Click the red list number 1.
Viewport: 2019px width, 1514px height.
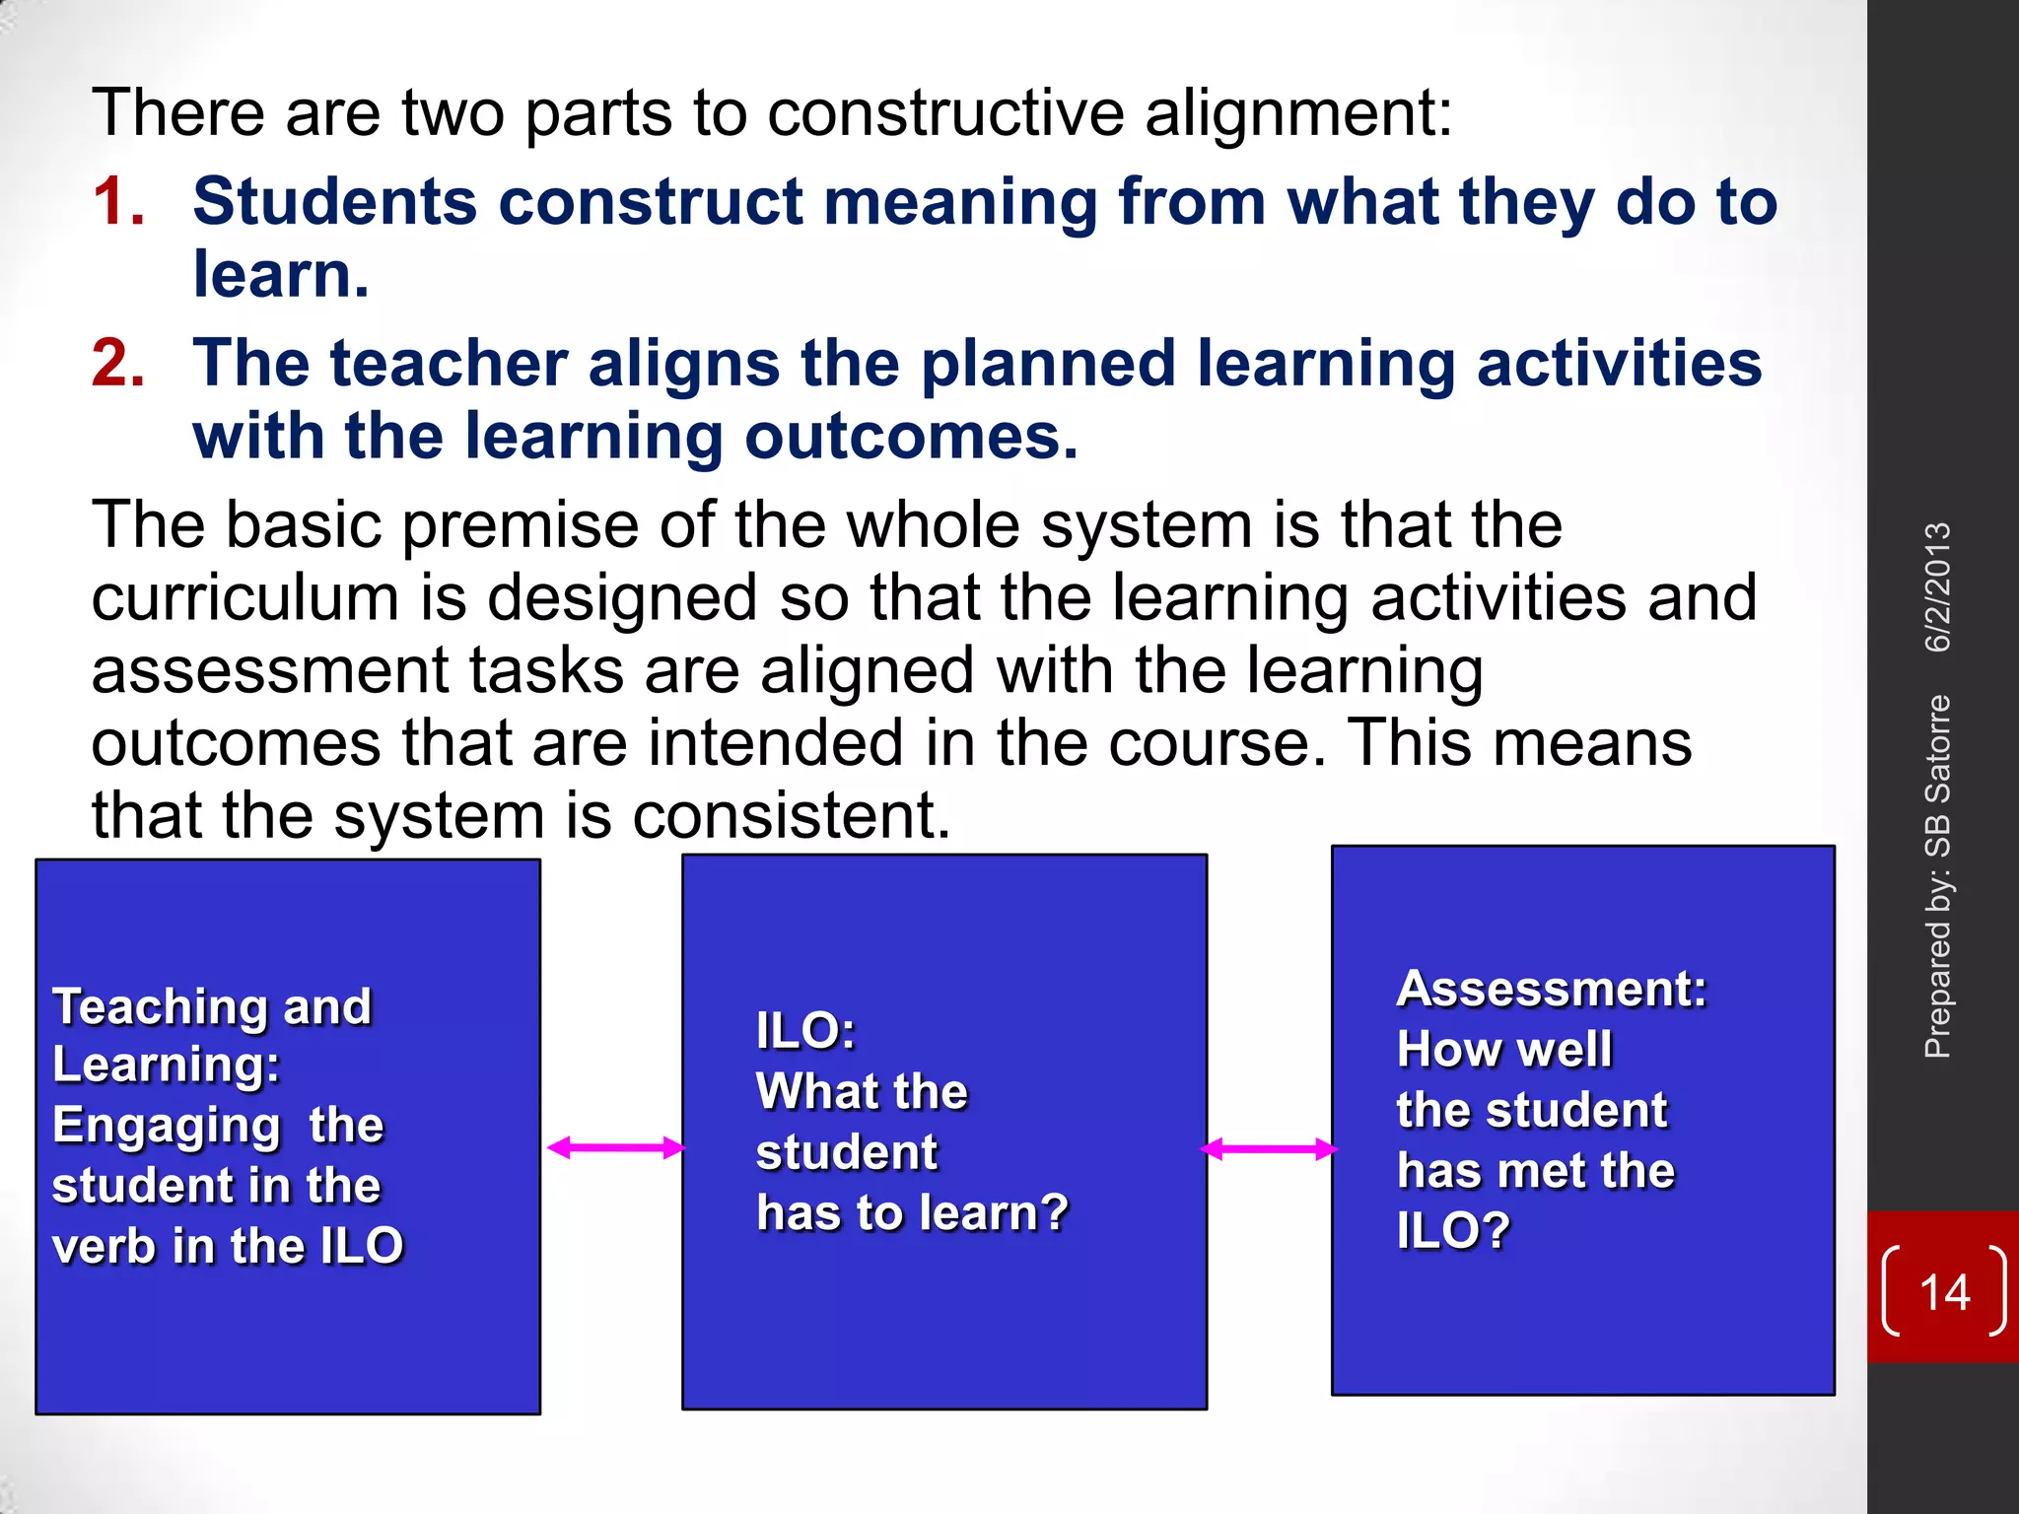tap(118, 202)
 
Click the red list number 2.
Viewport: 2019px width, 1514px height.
tap(118, 364)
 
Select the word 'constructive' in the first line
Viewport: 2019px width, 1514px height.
tap(944, 112)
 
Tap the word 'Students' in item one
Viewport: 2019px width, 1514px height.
tap(335, 202)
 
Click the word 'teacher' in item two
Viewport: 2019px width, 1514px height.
tap(449, 364)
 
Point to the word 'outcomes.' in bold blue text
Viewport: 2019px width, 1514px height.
tap(911, 437)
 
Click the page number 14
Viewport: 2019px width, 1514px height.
tap(1944, 1292)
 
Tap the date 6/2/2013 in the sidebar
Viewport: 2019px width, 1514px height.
tap(1938, 587)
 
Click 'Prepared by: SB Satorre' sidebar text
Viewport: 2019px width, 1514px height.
tap(1938, 877)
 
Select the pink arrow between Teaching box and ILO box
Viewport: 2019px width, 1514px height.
tap(615, 1147)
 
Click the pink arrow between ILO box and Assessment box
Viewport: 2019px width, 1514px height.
tap(1269, 1149)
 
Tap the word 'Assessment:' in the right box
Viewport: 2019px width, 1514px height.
tap(1552, 989)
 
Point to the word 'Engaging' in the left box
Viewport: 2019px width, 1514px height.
tap(166, 1126)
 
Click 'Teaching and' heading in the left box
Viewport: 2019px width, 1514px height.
tap(212, 1006)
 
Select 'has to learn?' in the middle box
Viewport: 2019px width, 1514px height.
tap(912, 1212)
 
